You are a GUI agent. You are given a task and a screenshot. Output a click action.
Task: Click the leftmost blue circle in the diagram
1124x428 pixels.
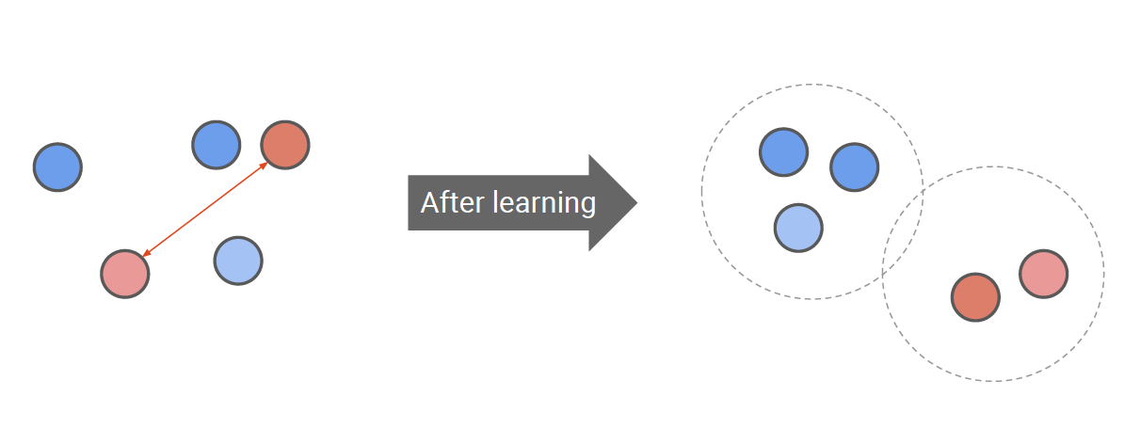[57, 167]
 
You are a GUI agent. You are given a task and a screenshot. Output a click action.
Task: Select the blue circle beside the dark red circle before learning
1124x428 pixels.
[217, 145]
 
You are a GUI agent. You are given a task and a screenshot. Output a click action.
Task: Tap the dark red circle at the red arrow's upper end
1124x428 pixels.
[285, 145]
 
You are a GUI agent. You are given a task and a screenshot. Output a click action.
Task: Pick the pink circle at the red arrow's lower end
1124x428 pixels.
[125, 274]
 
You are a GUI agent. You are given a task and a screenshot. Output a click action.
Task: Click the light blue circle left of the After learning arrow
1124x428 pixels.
[238, 261]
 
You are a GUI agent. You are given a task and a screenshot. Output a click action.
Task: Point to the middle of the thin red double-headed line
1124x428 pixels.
[205, 209]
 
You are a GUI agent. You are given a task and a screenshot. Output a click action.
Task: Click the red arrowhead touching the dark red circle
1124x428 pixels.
[264, 166]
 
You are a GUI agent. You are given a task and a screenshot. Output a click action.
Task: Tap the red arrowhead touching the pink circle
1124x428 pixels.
[146, 253]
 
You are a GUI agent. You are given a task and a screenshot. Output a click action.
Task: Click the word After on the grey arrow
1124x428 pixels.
[448, 202]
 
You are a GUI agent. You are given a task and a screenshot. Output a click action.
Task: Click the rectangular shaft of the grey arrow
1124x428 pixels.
[499, 222]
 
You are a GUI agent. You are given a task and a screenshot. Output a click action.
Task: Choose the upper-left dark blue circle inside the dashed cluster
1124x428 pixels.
[783, 151]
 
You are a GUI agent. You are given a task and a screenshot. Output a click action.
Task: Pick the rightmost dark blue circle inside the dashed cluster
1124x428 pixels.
[854, 167]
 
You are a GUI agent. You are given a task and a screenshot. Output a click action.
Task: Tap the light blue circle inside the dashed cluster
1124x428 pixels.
[798, 228]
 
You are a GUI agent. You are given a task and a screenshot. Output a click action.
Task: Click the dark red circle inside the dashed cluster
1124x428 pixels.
[975, 297]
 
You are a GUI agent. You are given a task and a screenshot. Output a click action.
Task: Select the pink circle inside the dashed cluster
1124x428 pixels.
[1043, 274]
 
